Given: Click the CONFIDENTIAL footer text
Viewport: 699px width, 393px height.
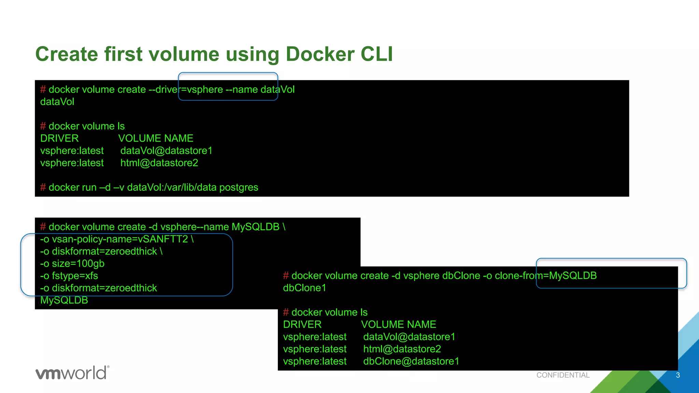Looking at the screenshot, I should click(x=563, y=375).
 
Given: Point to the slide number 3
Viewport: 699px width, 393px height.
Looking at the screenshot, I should click(x=678, y=375).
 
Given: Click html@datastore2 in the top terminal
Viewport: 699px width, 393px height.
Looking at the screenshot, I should click(x=159, y=163).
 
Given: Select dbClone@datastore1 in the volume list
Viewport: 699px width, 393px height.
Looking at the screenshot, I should click(x=411, y=361).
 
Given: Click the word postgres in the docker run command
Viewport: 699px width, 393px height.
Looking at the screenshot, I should click(x=239, y=187).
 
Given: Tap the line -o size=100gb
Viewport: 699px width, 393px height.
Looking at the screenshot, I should click(x=72, y=264).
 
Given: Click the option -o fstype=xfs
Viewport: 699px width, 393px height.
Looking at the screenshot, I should click(x=69, y=276).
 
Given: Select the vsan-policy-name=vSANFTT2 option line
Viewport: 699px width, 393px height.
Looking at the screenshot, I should click(x=117, y=239).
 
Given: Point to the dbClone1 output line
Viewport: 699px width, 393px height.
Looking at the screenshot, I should click(x=304, y=288).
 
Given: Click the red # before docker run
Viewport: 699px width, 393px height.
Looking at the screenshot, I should click(x=43, y=187).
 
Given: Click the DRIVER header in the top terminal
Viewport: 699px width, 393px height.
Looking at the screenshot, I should click(x=59, y=138).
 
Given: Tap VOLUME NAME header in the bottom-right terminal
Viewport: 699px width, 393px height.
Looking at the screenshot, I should click(x=398, y=324).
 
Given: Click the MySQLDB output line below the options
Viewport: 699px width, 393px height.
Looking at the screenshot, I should click(x=64, y=300).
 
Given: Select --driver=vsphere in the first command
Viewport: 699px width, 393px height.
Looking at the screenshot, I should click(x=186, y=89).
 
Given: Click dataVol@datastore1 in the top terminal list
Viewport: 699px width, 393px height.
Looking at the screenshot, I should click(x=166, y=150).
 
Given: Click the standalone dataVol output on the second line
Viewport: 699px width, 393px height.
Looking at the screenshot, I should click(x=57, y=102).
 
